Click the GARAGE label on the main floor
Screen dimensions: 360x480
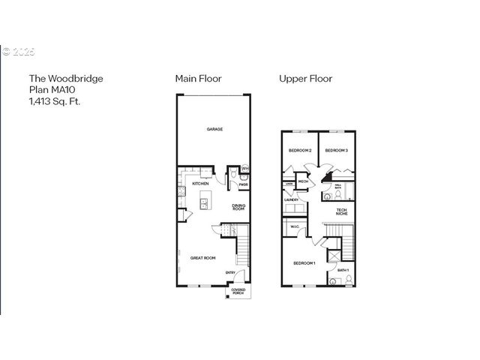pyautogui.click(x=215, y=129)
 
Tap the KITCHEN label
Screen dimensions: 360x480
pyautogui.click(x=200, y=184)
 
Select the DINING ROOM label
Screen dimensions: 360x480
pyautogui.click(x=238, y=207)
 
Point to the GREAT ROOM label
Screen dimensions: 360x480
pyautogui.click(x=202, y=258)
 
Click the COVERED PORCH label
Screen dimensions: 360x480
pyautogui.click(x=238, y=291)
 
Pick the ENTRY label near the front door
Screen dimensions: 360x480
pyautogui.click(x=241, y=272)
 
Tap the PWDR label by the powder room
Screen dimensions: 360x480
pyautogui.click(x=244, y=184)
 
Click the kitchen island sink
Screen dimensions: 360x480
pyautogui.click(x=205, y=202)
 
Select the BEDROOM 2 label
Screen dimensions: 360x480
pyautogui.click(x=299, y=151)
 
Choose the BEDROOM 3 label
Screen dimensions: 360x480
pyautogui.click(x=336, y=151)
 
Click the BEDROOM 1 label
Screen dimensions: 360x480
pyautogui.click(x=304, y=263)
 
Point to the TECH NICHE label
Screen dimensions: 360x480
pyautogui.click(x=341, y=212)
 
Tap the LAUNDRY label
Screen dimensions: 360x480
pyautogui.click(x=292, y=199)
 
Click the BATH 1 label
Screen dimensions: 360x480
pyautogui.click(x=343, y=269)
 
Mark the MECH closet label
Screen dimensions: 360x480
pyautogui.click(x=304, y=181)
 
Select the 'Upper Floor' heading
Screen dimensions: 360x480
pyautogui.click(x=305, y=78)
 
